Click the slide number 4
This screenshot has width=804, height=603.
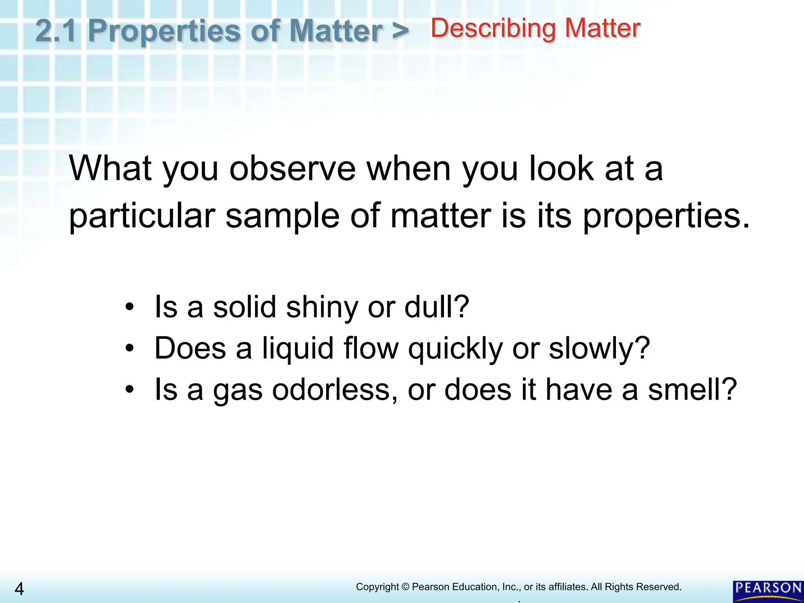(19, 589)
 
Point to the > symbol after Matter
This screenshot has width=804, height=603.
(400, 31)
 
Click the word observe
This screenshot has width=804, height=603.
(292, 168)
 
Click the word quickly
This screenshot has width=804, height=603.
(455, 349)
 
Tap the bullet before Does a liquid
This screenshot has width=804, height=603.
(130, 348)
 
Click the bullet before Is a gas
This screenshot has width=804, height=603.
(130, 389)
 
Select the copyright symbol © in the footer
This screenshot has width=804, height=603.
(406, 587)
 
